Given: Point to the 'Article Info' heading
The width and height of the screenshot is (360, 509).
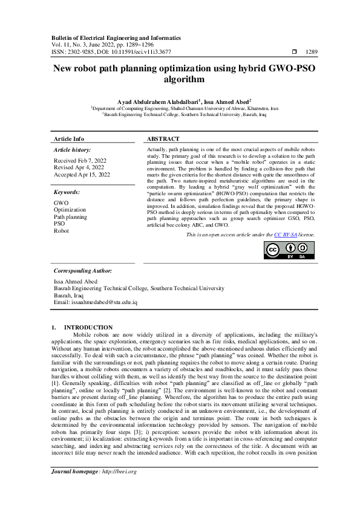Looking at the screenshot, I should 69,139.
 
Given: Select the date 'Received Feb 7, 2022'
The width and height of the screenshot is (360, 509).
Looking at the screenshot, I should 79,161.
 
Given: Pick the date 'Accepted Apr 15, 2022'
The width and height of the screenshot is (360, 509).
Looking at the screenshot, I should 82,174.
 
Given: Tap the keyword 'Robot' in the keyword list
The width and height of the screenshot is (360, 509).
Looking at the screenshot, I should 62,231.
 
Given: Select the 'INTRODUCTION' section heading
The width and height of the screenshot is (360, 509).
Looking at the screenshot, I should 88,327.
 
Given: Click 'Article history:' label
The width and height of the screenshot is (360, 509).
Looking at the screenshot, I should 73,149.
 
